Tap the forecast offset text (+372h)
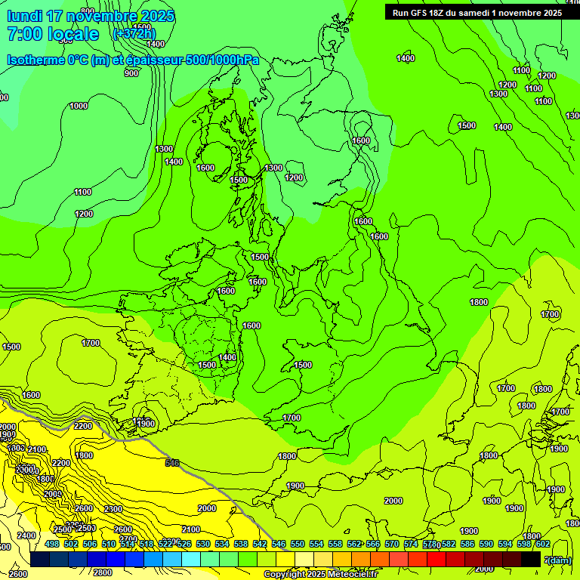pyautogui.click(x=134, y=33)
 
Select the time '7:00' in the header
pyautogui.click(x=23, y=34)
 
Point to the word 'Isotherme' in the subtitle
pyautogui.click(x=35, y=60)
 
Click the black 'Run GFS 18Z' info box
pyautogui.click(x=477, y=12)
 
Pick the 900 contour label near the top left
pyautogui.click(x=131, y=73)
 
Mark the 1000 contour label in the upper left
pyautogui.click(x=79, y=106)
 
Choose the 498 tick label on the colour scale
pyautogui.click(x=52, y=544)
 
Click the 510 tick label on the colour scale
pyautogui.click(x=109, y=544)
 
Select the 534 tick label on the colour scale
pyautogui.click(x=222, y=544)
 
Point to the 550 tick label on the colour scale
pyautogui.click(x=298, y=544)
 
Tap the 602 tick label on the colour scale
pyautogui.click(x=543, y=544)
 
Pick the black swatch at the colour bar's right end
pyautogui.click(x=531, y=559)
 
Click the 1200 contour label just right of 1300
pyautogui.click(x=295, y=177)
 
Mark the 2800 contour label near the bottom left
pyautogui.click(x=103, y=572)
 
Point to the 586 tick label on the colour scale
pyautogui.click(x=467, y=544)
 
